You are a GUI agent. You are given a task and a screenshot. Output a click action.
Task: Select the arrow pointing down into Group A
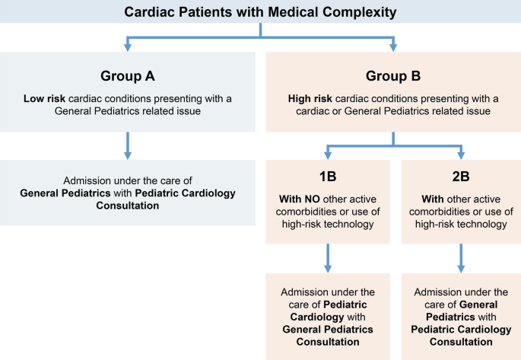pyautogui.click(x=127, y=45)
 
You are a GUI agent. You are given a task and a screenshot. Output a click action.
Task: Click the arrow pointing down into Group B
pyautogui.click(x=393, y=45)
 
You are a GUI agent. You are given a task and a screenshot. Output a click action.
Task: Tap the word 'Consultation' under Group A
pyautogui.click(x=127, y=205)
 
